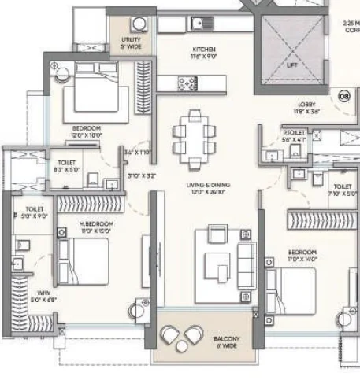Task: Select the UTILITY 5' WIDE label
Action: (132, 42)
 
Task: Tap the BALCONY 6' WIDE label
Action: (226, 341)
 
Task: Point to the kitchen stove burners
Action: (188, 81)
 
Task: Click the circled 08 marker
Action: (343, 95)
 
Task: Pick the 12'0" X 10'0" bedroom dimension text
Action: (86, 135)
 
